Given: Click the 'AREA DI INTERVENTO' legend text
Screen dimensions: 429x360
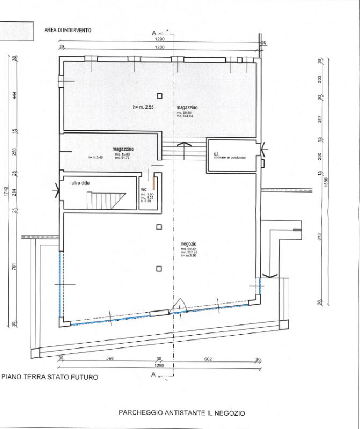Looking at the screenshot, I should (68, 30).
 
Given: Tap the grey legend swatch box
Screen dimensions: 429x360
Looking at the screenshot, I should (16, 31).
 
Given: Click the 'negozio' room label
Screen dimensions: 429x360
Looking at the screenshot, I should (189, 243).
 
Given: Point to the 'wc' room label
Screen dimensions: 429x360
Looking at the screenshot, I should (144, 190).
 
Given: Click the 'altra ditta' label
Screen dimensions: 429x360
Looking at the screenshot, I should (81, 183).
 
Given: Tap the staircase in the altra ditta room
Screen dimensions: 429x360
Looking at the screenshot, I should (106, 201).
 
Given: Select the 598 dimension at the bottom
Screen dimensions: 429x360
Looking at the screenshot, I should (110, 359).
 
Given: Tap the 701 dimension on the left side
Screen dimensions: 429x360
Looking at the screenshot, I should (14, 265).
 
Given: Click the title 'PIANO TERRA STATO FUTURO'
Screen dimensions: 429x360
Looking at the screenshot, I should (50, 377).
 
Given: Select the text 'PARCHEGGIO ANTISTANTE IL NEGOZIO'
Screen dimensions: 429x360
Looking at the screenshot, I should (181, 413).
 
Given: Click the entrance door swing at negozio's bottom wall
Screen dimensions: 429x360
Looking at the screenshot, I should (176, 307).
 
